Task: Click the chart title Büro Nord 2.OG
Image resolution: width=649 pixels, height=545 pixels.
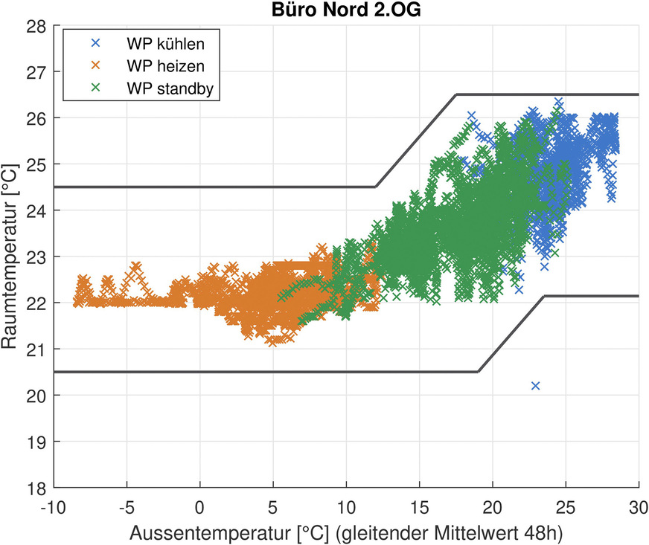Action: [345, 10]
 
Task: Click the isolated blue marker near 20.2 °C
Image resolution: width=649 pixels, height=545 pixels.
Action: [535, 385]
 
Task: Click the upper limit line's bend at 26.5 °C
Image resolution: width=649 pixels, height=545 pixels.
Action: [455, 94]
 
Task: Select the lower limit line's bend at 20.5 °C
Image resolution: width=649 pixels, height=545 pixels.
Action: [478, 372]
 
